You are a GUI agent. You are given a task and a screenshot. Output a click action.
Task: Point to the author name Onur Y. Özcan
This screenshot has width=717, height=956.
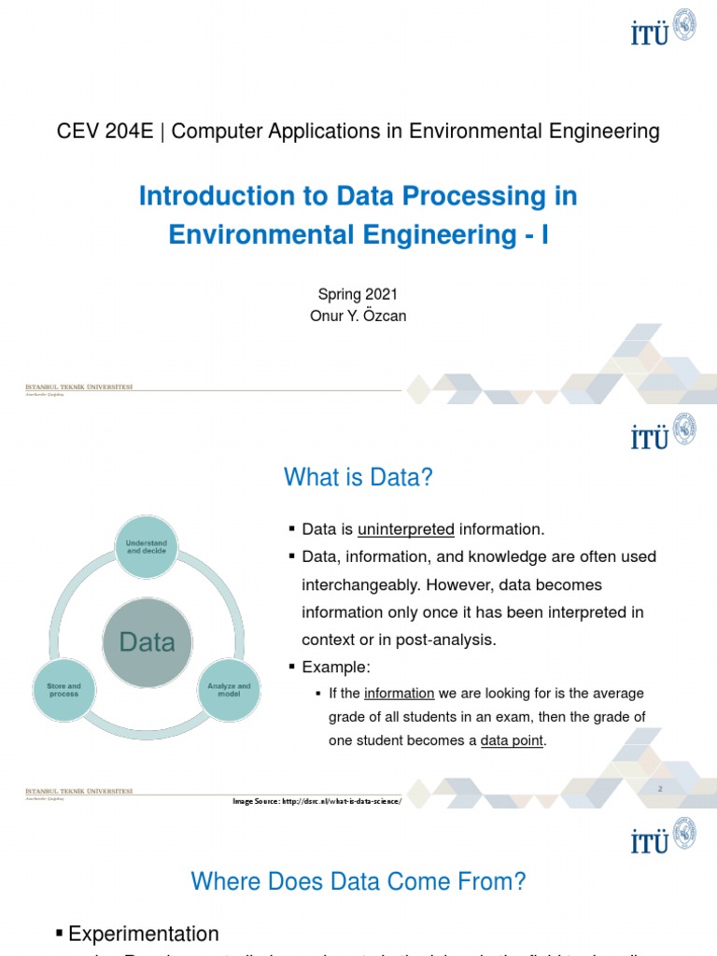pos(358,316)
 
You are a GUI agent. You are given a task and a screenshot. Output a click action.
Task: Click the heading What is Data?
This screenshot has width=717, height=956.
pos(358,478)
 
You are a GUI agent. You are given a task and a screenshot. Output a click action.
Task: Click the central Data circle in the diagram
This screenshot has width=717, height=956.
pos(147,642)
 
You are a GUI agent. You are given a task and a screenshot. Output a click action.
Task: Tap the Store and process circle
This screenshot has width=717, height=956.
pos(64,690)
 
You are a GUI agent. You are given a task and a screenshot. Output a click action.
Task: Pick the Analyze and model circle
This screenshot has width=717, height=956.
pos(230,690)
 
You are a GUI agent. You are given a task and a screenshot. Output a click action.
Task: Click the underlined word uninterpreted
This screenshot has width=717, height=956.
pos(406,529)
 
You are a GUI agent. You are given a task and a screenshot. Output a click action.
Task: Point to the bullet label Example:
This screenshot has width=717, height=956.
pos(336,668)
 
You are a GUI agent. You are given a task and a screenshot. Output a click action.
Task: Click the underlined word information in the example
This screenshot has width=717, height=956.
pos(399,694)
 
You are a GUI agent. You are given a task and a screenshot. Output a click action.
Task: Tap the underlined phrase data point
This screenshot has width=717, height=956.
pos(512,741)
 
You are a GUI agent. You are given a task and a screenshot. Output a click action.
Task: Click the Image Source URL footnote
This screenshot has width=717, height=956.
pos(316,801)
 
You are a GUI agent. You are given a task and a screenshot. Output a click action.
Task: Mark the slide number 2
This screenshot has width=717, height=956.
pos(659,789)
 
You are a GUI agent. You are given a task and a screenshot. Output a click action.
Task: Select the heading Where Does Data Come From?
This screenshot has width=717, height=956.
pos(358,881)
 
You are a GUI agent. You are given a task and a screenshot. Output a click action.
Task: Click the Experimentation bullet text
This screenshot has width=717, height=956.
pos(144,934)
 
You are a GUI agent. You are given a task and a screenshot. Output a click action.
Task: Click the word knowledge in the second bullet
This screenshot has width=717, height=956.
pos(518,557)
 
